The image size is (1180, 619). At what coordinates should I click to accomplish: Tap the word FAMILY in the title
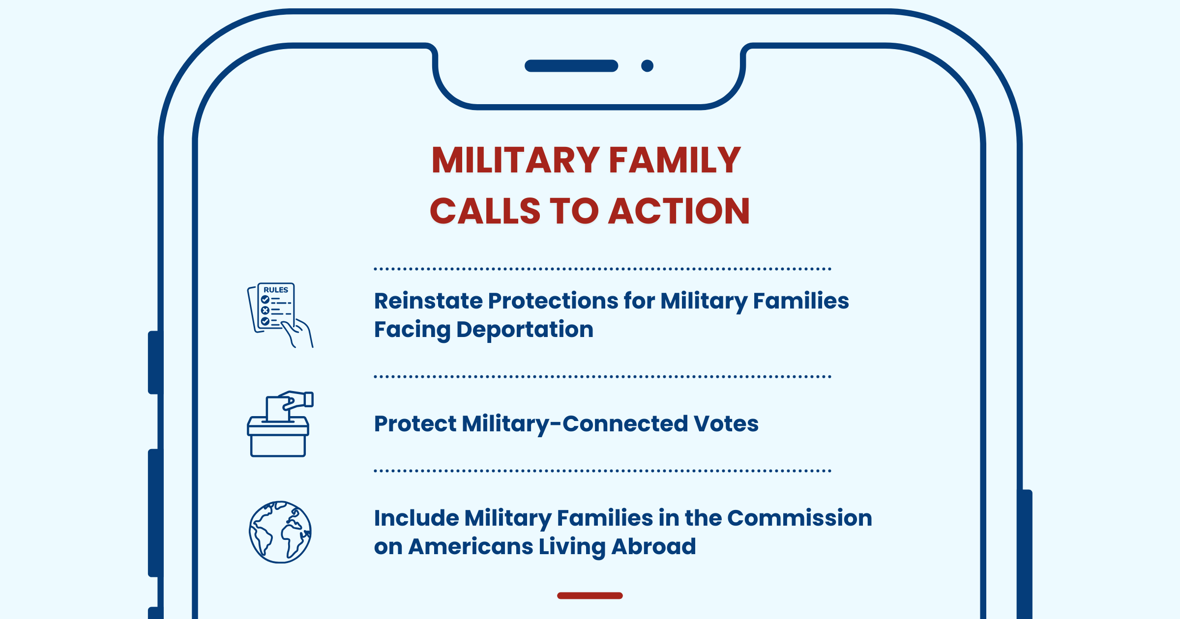click(675, 160)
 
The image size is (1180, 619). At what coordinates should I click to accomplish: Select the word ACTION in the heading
click(679, 211)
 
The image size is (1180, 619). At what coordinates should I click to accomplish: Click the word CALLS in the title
click(485, 211)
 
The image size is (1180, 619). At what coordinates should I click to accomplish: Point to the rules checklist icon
click(280, 315)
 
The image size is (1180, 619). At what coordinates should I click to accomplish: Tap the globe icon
click(280, 532)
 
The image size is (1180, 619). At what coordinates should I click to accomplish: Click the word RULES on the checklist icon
click(276, 290)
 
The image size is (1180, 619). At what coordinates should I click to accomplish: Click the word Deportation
click(525, 330)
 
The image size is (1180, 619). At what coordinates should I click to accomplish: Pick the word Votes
click(726, 423)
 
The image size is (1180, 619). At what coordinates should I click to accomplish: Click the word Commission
click(799, 518)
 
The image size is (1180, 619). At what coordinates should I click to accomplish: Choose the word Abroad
click(653, 546)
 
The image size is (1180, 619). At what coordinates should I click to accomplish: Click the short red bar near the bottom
click(590, 595)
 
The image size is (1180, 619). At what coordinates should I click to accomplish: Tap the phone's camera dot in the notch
click(648, 66)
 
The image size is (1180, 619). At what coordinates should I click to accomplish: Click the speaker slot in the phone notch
click(571, 66)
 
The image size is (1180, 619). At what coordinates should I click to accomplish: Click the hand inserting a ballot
click(296, 400)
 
